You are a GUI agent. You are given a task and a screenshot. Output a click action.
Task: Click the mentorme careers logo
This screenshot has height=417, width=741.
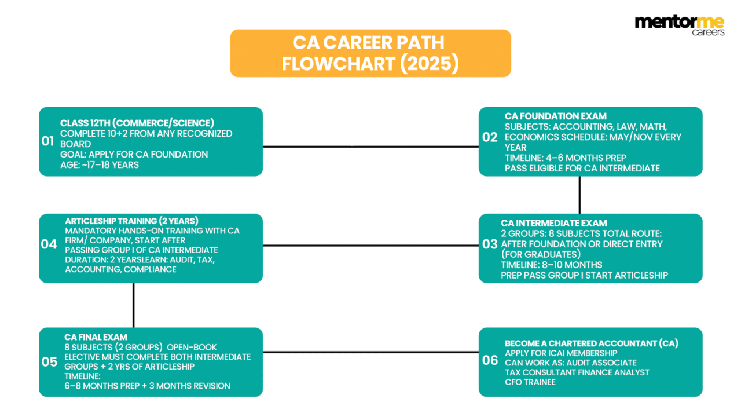click(679, 25)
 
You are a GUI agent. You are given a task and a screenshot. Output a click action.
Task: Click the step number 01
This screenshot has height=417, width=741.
click(47, 141)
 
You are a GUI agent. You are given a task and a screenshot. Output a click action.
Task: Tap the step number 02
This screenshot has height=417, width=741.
click(490, 137)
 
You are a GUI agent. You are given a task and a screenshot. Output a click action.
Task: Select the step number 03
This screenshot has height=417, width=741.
click(490, 244)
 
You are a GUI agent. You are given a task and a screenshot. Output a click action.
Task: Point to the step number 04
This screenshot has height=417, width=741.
click(49, 244)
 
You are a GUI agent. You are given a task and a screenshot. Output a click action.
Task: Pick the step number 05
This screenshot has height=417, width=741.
click(49, 362)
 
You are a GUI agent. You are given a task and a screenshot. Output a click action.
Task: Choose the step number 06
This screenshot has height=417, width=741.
click(490, 360)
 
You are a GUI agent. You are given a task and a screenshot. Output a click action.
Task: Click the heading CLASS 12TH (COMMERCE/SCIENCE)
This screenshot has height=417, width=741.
click(137, 123)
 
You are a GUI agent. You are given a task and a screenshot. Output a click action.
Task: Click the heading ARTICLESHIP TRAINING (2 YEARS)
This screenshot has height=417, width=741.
click(131, 221)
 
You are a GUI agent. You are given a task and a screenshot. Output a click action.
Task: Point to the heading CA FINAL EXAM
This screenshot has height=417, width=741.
click(96, 336)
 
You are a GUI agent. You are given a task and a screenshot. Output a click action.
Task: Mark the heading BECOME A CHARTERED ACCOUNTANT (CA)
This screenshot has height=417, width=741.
click(591, 343)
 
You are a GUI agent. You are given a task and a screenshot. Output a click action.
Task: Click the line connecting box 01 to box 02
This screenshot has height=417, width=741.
click(370, 146)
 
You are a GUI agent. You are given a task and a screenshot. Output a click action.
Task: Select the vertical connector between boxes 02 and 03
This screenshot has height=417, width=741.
click(579, 195)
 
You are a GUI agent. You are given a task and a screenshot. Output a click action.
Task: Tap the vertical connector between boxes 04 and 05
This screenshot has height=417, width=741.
click(134, 305)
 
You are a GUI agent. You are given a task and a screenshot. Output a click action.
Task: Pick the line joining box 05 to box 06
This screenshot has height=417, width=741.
click(370, 352)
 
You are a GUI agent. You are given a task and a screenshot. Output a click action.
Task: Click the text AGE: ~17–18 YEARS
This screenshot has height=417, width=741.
click(100, 164)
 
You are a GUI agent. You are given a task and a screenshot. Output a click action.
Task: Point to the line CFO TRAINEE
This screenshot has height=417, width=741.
click(530, 382)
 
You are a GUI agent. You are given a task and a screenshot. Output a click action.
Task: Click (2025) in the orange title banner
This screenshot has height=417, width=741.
click(429, 63)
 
